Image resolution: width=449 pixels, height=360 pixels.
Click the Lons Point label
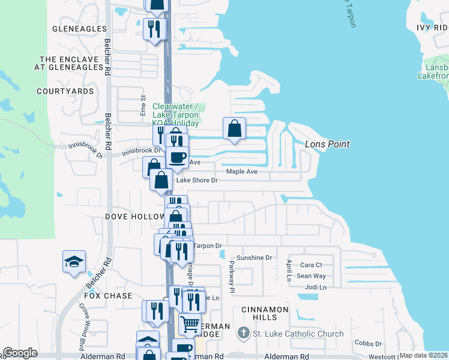pyautogui.click(x=327, y=144)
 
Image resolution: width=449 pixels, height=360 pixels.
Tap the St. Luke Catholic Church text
pyautogui.click(x=298, y=334)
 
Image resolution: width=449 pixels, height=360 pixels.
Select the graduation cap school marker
pyautogui.click(x=74, y=262)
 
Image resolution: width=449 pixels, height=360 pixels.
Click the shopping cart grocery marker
pyautogui.click(x=190, y=325)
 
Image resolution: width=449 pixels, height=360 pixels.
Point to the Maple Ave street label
pyautogui.click(x=241, y=172)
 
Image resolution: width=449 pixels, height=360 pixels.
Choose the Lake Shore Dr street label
pyautogui.click(x=196, y=179)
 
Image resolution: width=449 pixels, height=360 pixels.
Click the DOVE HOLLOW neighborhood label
pyautogui.click(x=135, y=216)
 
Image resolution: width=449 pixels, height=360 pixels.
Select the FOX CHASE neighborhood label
pyautogui.click(x=108, y=296)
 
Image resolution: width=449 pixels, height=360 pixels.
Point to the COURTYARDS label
pyautogui.click(x=65, y=91)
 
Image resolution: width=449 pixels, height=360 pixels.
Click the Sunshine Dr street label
pyautogui.click(x=254, y=257)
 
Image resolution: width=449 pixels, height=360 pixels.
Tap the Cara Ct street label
pyautogui.click(x=312, y=265)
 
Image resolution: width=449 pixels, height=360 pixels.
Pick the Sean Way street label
pyautogui.click(x=312, y=276)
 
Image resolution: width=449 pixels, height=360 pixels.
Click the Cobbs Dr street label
pyautogui.click(x=368, y=343)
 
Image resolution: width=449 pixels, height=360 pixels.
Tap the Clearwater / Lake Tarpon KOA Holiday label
pyautogui.click(x=175, y=115)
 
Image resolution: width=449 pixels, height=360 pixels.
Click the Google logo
pyautogui.click(x=20, y=353)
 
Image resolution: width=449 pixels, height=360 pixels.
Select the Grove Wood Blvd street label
pyautogui.click(x=82, y=327)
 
